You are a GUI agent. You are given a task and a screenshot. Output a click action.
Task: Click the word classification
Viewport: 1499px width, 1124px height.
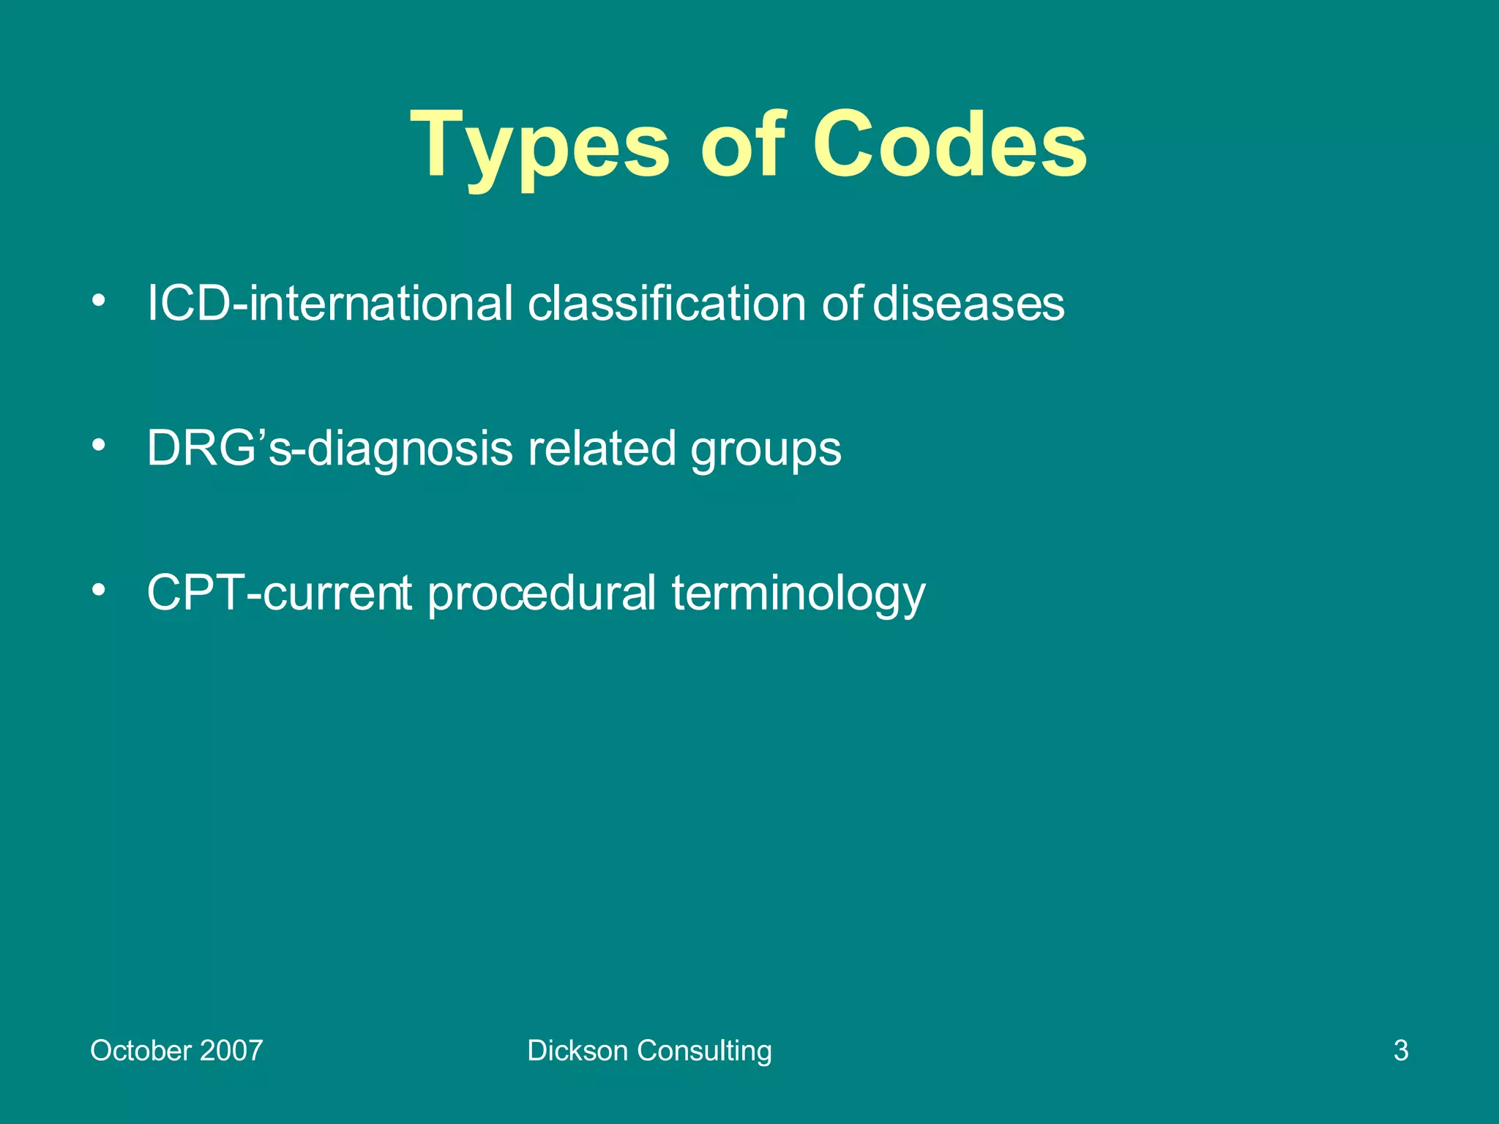click(667, 303)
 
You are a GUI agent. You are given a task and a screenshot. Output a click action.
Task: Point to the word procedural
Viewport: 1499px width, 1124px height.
click(542, 593)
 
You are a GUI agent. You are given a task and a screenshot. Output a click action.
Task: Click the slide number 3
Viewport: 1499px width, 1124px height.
click(1401, 1051)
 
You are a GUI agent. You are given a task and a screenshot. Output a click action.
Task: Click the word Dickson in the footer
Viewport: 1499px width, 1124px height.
click(577, 1051)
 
